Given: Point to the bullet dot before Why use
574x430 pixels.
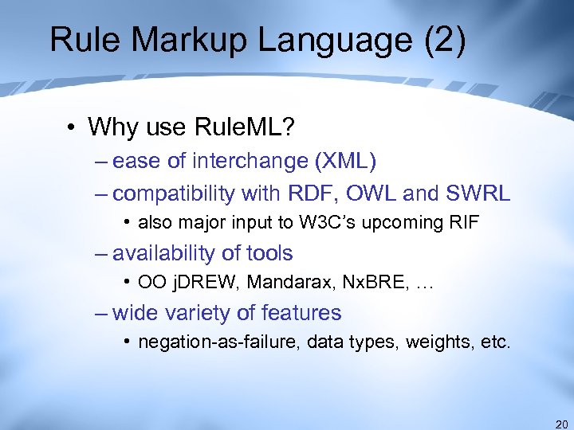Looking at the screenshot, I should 72,127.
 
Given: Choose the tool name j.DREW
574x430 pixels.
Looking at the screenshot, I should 195,283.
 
